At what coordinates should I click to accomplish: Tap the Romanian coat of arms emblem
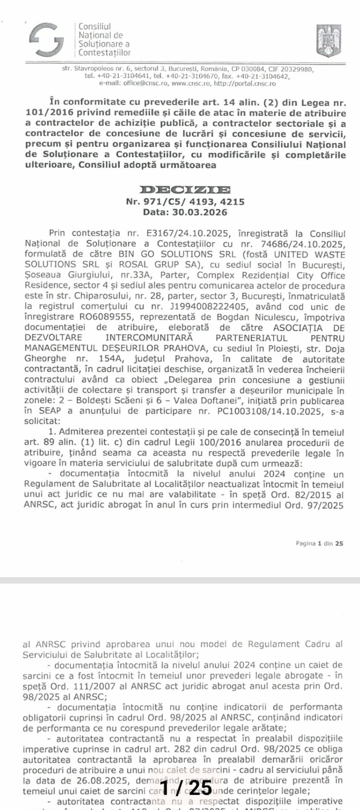328,40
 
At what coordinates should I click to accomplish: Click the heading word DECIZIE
185,190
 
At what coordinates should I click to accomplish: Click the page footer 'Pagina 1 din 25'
319,543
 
